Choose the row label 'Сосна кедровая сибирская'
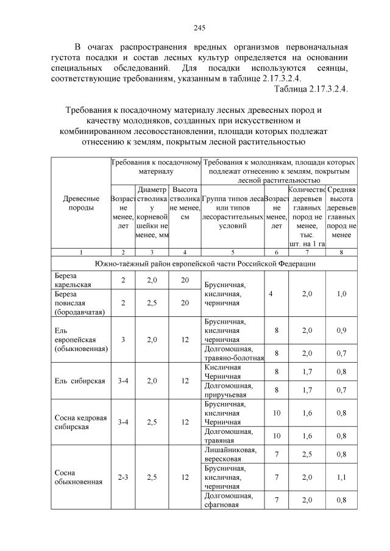(x=79, y=422)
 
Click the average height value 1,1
(x=341, y=477)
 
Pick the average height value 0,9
(x=341, y=330)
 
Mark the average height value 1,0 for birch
(x=341, y=293)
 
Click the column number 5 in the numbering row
(x=232, y=252)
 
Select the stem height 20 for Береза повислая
(x=184, y=303)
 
